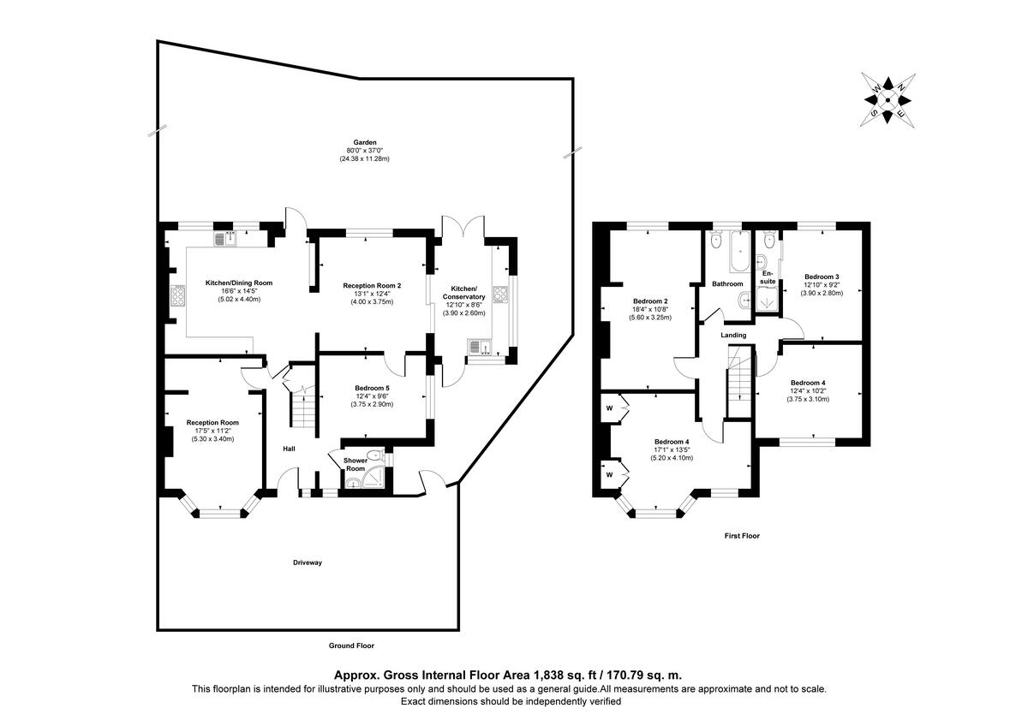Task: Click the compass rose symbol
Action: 888,100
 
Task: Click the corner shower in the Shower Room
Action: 354,484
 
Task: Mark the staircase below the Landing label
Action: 738,384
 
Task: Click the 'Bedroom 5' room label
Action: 373,388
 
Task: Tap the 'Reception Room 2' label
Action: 372,285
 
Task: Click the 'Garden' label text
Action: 366,143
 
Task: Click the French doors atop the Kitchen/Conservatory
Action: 463,226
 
